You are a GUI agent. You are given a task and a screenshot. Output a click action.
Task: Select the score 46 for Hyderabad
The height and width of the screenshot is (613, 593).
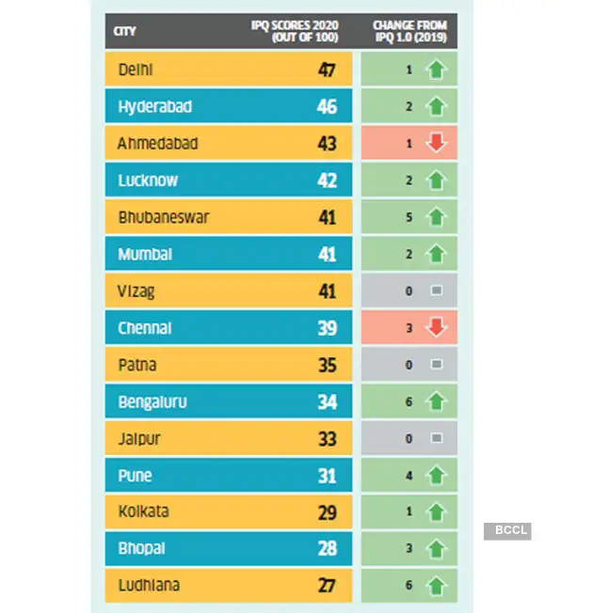(x=327, y=107)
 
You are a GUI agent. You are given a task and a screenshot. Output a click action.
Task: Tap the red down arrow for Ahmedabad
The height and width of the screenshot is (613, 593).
(x=435, y=144)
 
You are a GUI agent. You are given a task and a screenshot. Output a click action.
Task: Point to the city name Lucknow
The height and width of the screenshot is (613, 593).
(x=148, y=181)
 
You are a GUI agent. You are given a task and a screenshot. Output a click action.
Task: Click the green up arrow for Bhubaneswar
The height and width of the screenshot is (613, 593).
(x=435, y=217)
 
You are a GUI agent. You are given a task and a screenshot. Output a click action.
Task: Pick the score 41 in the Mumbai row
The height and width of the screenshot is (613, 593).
(x=327, y=255)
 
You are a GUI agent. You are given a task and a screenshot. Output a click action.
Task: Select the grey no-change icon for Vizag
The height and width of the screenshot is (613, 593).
(x=435, y=291)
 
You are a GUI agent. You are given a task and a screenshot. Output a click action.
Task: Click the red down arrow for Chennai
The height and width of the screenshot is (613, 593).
(x=435, y=328)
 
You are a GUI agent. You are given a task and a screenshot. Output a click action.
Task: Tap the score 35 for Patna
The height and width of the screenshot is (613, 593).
(x=327, y=366)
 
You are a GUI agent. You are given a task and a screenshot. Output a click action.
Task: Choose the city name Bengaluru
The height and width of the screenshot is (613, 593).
(x=152, y=402)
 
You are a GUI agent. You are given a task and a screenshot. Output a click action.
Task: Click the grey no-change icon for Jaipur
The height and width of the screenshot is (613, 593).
(x=435, y=439)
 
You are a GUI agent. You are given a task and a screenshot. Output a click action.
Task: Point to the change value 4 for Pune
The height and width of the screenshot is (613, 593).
(x=409, y=476)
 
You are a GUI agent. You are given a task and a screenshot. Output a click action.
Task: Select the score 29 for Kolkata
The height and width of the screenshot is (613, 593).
(x=327, y=513)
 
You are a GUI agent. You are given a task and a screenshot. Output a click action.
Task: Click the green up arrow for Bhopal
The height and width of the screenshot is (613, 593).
(x=435, y=549)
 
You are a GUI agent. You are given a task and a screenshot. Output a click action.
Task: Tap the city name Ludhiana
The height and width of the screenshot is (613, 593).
(x=149, y=586)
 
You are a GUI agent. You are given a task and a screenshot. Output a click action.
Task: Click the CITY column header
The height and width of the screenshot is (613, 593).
(x=124, y=31)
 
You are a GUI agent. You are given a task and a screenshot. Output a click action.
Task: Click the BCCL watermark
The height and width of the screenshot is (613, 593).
(x=508, y=531)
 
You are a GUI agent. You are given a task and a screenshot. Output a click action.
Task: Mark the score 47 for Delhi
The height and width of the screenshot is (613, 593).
(x=327, y=71)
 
